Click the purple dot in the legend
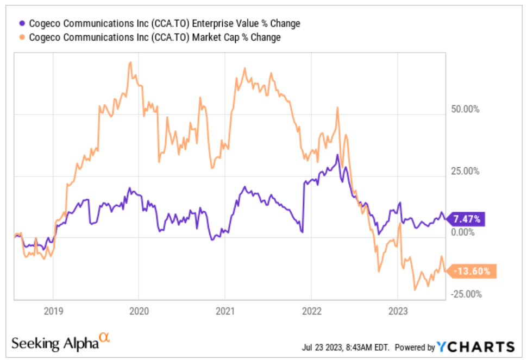(22, 23)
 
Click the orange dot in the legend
(22, 37)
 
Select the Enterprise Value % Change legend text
(163, 23)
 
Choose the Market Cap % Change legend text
(154, 37)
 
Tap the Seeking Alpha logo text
(54, 343)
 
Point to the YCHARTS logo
(476, 346)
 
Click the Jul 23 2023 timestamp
(346, 347)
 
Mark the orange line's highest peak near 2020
(130, 62)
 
